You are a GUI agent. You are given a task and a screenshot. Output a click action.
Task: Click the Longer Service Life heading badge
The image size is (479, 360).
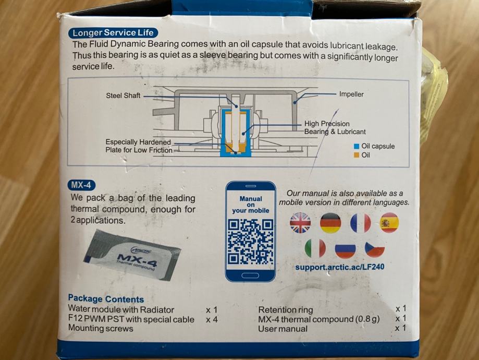coord(113,33)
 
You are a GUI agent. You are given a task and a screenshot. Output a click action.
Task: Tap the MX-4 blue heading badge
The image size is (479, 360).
coord(81,185)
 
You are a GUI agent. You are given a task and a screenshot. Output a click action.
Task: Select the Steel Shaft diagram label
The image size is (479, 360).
coord(123,95)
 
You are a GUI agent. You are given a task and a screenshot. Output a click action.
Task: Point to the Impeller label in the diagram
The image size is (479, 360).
coord(351,94)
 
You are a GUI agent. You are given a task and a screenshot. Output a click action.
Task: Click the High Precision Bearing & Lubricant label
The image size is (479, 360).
coord(335,127)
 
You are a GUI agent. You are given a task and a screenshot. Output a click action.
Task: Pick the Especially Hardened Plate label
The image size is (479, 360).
coord(139,146)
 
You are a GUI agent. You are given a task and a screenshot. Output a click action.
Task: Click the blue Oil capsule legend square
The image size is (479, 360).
coord(356,146)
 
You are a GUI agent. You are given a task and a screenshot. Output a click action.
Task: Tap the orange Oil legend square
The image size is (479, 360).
coord(356,155)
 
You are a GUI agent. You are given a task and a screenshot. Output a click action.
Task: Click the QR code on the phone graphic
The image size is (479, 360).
coord(251,242)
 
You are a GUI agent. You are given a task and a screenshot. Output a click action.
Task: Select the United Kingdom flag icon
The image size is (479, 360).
coord(300,223)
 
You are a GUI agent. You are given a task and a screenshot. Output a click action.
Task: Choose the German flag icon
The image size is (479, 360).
coord(330,223)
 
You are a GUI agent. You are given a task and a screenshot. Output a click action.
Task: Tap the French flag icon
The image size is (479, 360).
coord(361,223)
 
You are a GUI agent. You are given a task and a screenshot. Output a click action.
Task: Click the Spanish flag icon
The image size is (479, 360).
coord(389,223)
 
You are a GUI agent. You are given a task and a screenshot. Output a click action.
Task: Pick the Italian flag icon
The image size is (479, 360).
coord(315,248)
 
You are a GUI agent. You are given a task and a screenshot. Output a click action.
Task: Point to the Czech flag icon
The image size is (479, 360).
coord(375,248)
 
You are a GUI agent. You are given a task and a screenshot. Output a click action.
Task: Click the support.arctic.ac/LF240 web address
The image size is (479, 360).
coord(339,267)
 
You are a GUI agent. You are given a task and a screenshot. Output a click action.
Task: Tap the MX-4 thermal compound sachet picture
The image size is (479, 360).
coord(132,255)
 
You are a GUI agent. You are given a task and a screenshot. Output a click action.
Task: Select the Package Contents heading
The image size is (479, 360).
coord(106,298)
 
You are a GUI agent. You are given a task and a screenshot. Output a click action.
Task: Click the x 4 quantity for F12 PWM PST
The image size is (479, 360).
coord(212,320)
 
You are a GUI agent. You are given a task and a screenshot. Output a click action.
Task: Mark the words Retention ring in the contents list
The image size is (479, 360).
coord(285,310)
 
